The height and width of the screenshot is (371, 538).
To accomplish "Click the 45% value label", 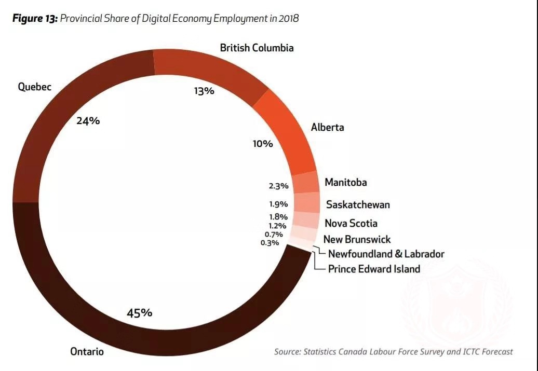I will point(140,313).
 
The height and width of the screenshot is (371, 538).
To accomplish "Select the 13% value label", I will point(204,91).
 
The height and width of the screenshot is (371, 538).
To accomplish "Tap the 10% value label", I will point(263,144).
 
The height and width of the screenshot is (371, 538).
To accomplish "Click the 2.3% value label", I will point(278,186).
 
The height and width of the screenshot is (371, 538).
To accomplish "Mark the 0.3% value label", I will point(270,242).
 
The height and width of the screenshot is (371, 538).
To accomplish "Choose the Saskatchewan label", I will point(358,204).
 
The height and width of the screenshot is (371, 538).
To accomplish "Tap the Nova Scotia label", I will point(351,224).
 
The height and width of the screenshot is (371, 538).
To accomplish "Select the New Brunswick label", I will point(357,239).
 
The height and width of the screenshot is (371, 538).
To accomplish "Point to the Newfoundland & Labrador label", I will point(386,254).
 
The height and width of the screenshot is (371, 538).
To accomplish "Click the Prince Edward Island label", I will point(374,269).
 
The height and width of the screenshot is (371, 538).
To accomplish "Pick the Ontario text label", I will point(87,352).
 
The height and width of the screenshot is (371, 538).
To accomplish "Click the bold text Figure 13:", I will point(35,19).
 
